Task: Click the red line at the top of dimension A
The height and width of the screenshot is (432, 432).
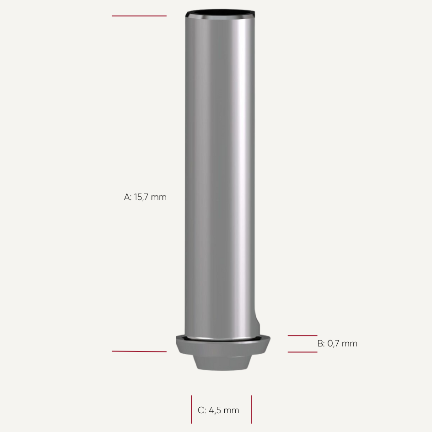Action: click(139, 16)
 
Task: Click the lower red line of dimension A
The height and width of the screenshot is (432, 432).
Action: click(139, 351)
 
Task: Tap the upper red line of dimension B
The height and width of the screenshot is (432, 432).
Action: click(302, 335)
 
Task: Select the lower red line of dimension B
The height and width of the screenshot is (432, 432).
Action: click(302, 352)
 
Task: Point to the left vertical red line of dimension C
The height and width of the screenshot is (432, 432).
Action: click(191, 410)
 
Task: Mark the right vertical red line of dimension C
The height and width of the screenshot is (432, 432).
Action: click(251, 410)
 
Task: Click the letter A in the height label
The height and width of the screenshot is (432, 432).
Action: click(127, 197)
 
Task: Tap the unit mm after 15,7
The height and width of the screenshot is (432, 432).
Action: click(158, 197)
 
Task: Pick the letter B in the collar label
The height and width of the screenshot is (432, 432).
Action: click(320, 344)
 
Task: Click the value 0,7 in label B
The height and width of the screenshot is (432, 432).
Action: click(333, 344)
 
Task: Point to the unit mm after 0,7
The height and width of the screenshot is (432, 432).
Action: click(349, 344)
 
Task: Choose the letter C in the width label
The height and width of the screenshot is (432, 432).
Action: click(201, 410)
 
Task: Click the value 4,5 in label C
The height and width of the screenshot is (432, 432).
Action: click(215, 410)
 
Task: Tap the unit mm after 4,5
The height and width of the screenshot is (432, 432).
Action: click(231, 410)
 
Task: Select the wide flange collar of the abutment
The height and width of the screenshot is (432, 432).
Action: click(222, 347)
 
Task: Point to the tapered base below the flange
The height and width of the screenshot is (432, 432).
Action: click(222, 363)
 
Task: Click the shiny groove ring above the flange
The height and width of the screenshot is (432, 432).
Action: click(222, 340)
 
